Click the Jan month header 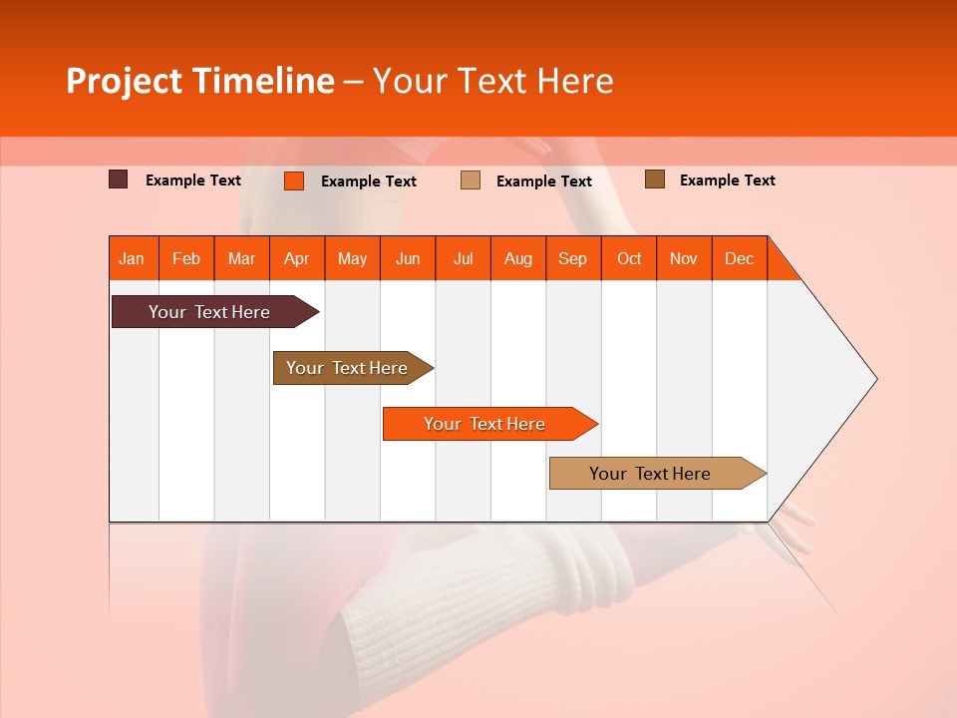click(x=132, y=258)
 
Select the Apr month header click(x=297, y=258)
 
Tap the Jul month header click(x=463, y=258)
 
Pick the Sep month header click(x=573, y=258)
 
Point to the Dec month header click(x=739, y=258)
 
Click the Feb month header click(x=186, y=258)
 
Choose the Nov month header click(x=684, y=258)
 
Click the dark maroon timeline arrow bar click(x=209, y=312)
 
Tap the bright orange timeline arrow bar click(x=485, y=424)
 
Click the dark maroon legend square click(x=119, y=179)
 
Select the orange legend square click(x=293, y=180)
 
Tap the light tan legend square click(x=471, y=180)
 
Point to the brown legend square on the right click(x=654, y=179)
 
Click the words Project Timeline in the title click(x=199, y=81)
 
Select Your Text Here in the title click(x=492, y=81)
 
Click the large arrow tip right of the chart click(x=837, y=379)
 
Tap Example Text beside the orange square click(x=368, y=181)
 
